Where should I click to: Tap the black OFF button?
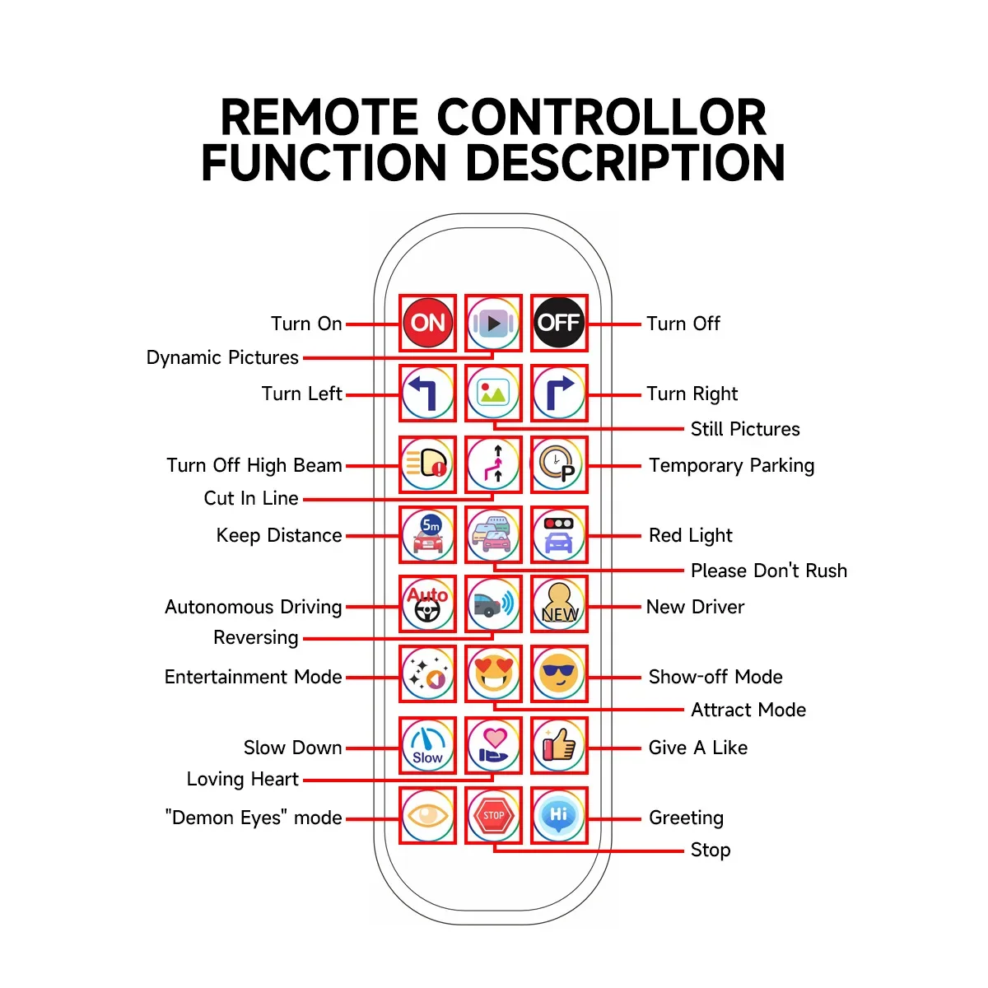point(559,323)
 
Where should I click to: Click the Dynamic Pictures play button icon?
point(493,323)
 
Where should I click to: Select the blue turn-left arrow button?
point(427,393)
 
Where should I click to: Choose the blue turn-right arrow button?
point(559,393)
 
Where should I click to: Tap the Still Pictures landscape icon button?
point(493,393)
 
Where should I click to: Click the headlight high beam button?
point(427,464)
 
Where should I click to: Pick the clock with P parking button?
point(559,464)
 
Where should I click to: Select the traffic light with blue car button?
point(559,534)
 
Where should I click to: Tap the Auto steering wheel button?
point(427,604)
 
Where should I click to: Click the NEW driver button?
point(559,604)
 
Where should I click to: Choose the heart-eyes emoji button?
point(493,673)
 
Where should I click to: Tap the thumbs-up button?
point(559,744)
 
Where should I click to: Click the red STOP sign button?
point(493,815)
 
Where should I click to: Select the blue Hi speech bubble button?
point(559,815)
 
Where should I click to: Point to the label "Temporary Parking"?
point(731,465)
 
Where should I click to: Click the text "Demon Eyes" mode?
point(254,818)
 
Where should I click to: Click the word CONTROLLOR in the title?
point(601,118)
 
